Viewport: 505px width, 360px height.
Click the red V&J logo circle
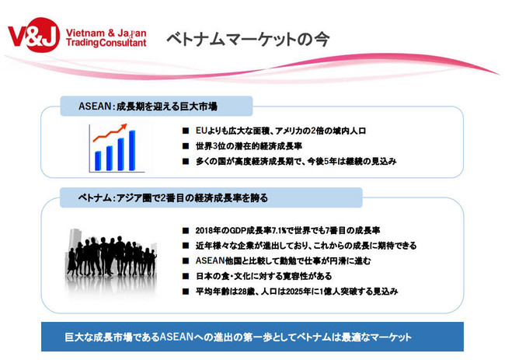tap(43, 35)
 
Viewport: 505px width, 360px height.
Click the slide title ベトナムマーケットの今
tap(248, 40)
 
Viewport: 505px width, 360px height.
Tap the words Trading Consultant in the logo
tap(106, 43)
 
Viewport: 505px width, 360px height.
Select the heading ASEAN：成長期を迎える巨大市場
tap(148, 107)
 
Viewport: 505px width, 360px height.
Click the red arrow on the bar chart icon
tap(110, 132)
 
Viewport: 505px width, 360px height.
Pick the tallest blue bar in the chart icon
tap(132, 150)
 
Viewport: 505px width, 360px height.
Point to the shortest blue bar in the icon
tap(98, 160)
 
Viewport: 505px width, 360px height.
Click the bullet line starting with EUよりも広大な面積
tap(280, 131)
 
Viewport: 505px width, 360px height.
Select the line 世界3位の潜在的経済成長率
tap(249, 146)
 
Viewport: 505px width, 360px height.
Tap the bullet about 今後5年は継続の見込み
tap(296, 161)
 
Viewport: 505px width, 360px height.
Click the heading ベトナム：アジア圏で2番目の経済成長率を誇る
tap(173, 198)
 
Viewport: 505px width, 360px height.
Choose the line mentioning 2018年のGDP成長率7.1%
tap(287, 230)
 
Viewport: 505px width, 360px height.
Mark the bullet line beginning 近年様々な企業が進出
tap(306, 246)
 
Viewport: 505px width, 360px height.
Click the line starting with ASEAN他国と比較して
tap(283, 260)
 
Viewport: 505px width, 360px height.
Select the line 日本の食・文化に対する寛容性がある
tap(264, 276)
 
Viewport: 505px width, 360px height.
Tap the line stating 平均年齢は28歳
tap(297, 292)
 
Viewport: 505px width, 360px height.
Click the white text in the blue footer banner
tap(239, 337)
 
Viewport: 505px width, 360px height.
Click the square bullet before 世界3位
tap(186, 146)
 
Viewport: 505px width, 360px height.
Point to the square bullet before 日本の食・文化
tap(186, 276)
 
